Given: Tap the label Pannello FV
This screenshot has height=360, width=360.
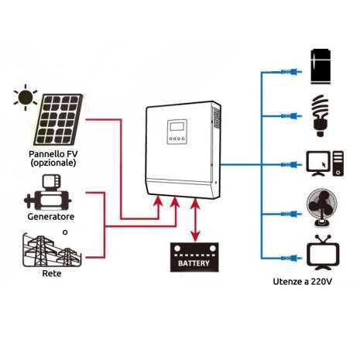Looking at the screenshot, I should pyautogui.click(x=49, y=156).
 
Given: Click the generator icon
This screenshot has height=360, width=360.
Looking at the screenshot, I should pyautogui.click(x=49, y=194).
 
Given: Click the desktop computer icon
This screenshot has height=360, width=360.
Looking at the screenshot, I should pyautogui.click(x=321, y=163).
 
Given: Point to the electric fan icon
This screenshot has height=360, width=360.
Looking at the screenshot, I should pyautogui.click(x=321, y=207).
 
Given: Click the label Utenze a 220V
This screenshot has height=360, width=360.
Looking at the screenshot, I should pyautogui.click(x=303, y=283).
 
